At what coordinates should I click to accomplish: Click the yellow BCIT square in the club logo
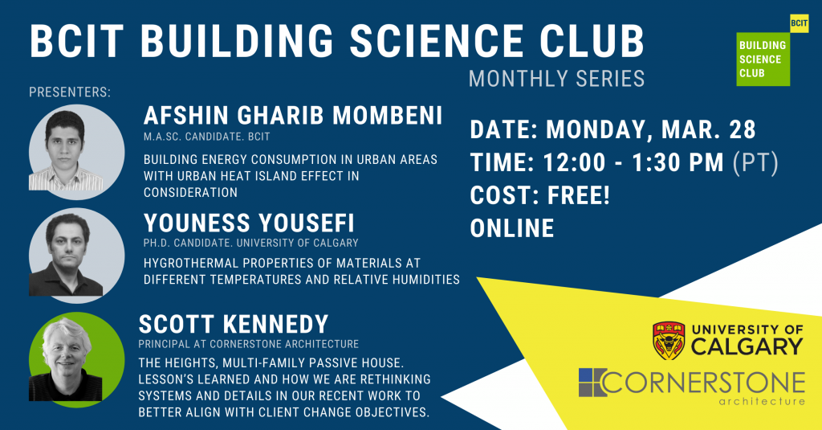(800, 23)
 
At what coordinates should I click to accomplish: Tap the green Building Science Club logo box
(763, 59)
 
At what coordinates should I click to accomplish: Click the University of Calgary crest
(669, 340)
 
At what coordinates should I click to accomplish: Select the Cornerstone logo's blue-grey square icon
(592, 383)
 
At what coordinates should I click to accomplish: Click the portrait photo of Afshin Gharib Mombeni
(76, 152)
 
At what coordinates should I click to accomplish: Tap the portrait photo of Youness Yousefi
(76, 256)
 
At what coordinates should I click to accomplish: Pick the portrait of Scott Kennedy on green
(76, 359)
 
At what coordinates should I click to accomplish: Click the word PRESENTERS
(70, 92)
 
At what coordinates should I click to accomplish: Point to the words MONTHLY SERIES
(556, 79)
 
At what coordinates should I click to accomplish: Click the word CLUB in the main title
(592, 41)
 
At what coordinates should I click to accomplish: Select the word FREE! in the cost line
(579, 195)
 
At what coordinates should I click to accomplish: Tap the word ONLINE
(512, 228)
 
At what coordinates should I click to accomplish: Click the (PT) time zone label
(755, 163)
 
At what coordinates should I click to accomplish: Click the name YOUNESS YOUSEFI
(249, 223)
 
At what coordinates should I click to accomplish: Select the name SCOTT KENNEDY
(234, 325)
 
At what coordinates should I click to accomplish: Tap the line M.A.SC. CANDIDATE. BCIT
(207, 137)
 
